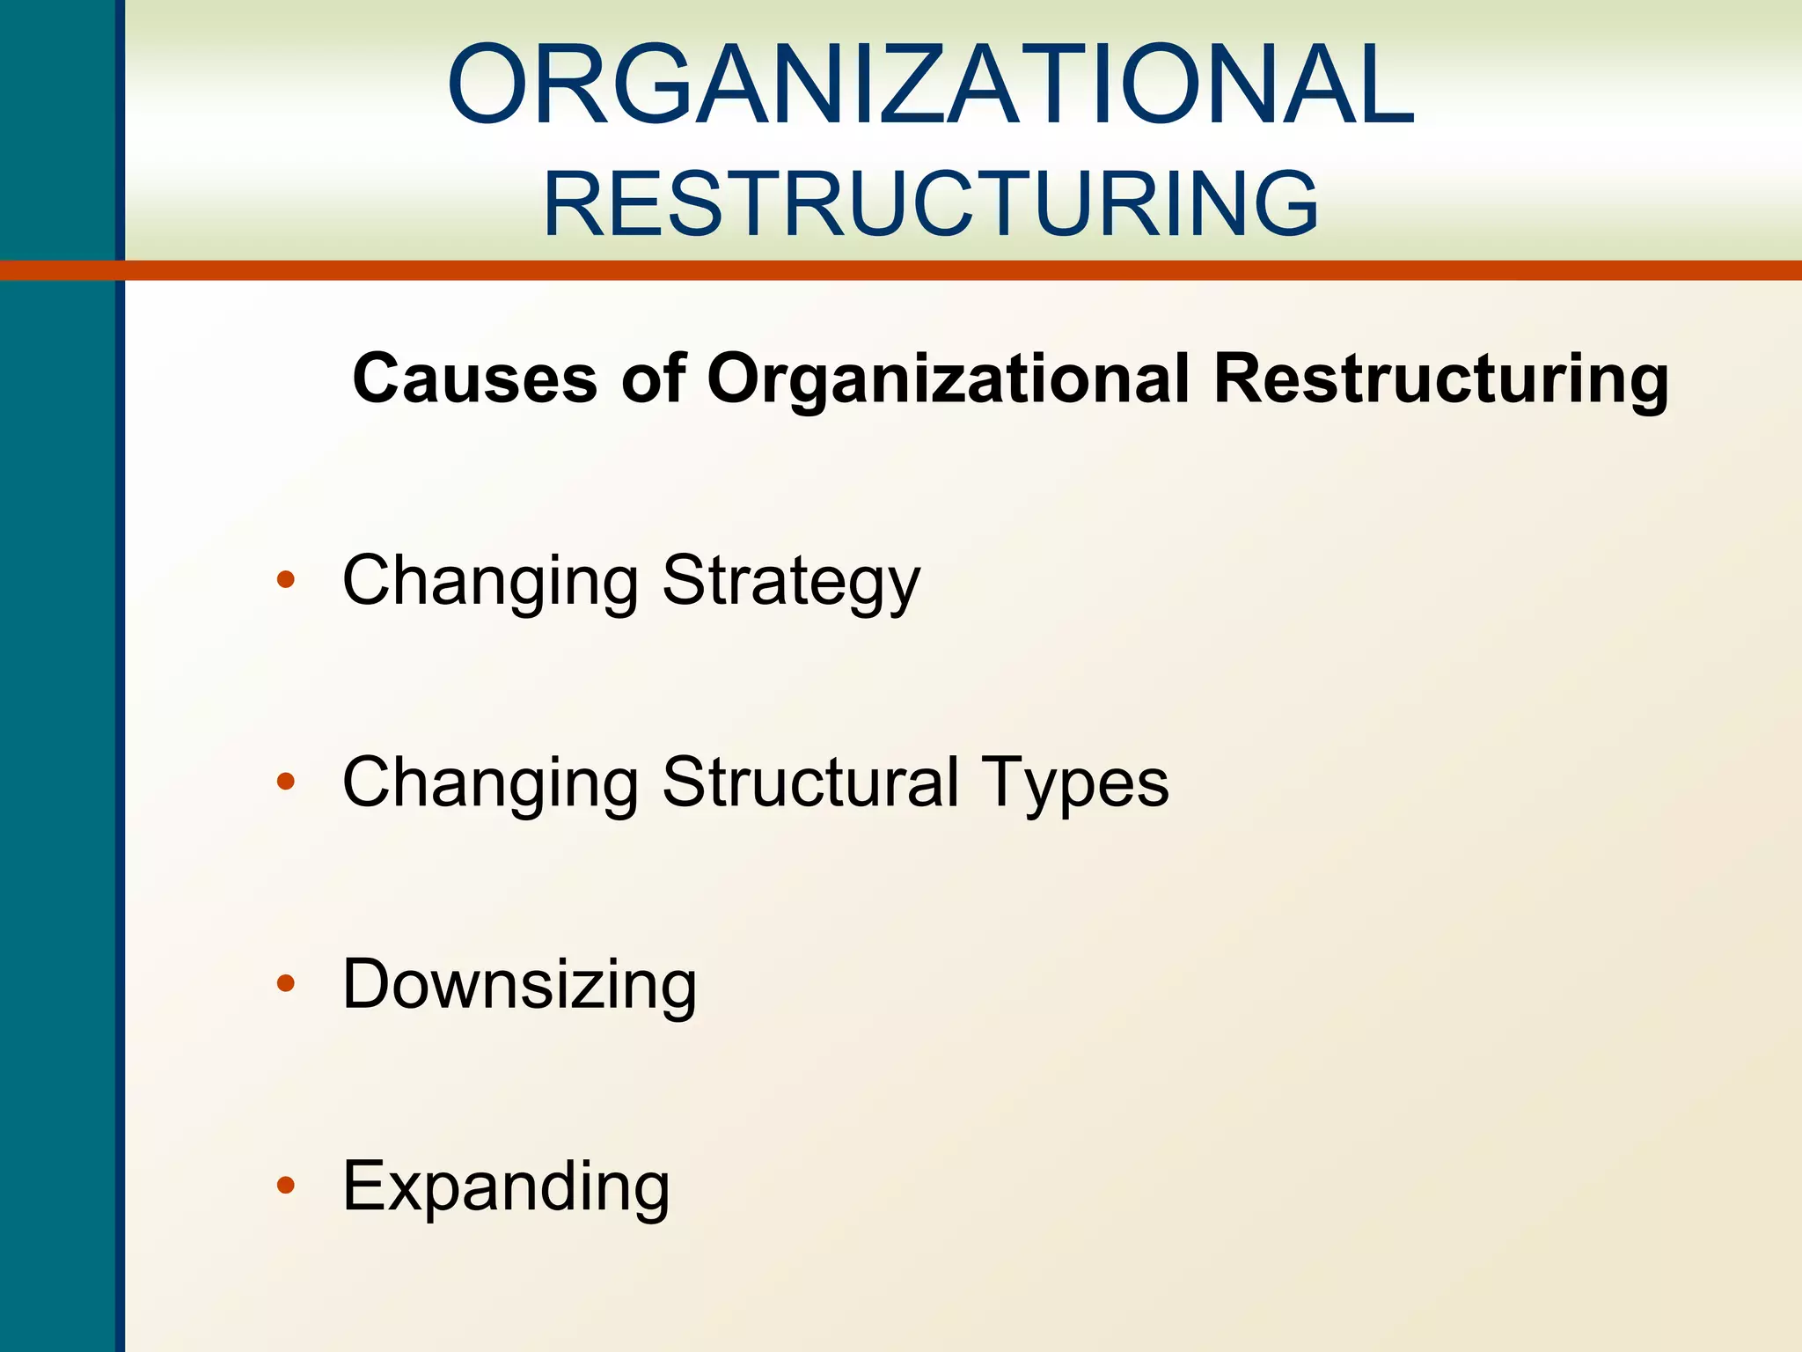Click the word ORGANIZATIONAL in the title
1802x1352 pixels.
(x=931, y=86)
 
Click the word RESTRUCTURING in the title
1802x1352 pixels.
(x=931, y=204)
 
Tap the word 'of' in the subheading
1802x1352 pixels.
(x=653, y=378)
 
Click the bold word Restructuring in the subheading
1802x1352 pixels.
(x=1441, y=378)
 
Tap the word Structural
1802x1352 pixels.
(x=809, y=782)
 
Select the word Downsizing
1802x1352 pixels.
(x=519, y=984)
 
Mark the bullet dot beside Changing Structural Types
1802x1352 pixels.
(x=285, y=781)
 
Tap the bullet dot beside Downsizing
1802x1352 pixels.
(x=285, y=983)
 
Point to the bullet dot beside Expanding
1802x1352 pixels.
(x=285, y=1186)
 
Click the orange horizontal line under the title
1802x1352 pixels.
(x=968, y=270)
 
